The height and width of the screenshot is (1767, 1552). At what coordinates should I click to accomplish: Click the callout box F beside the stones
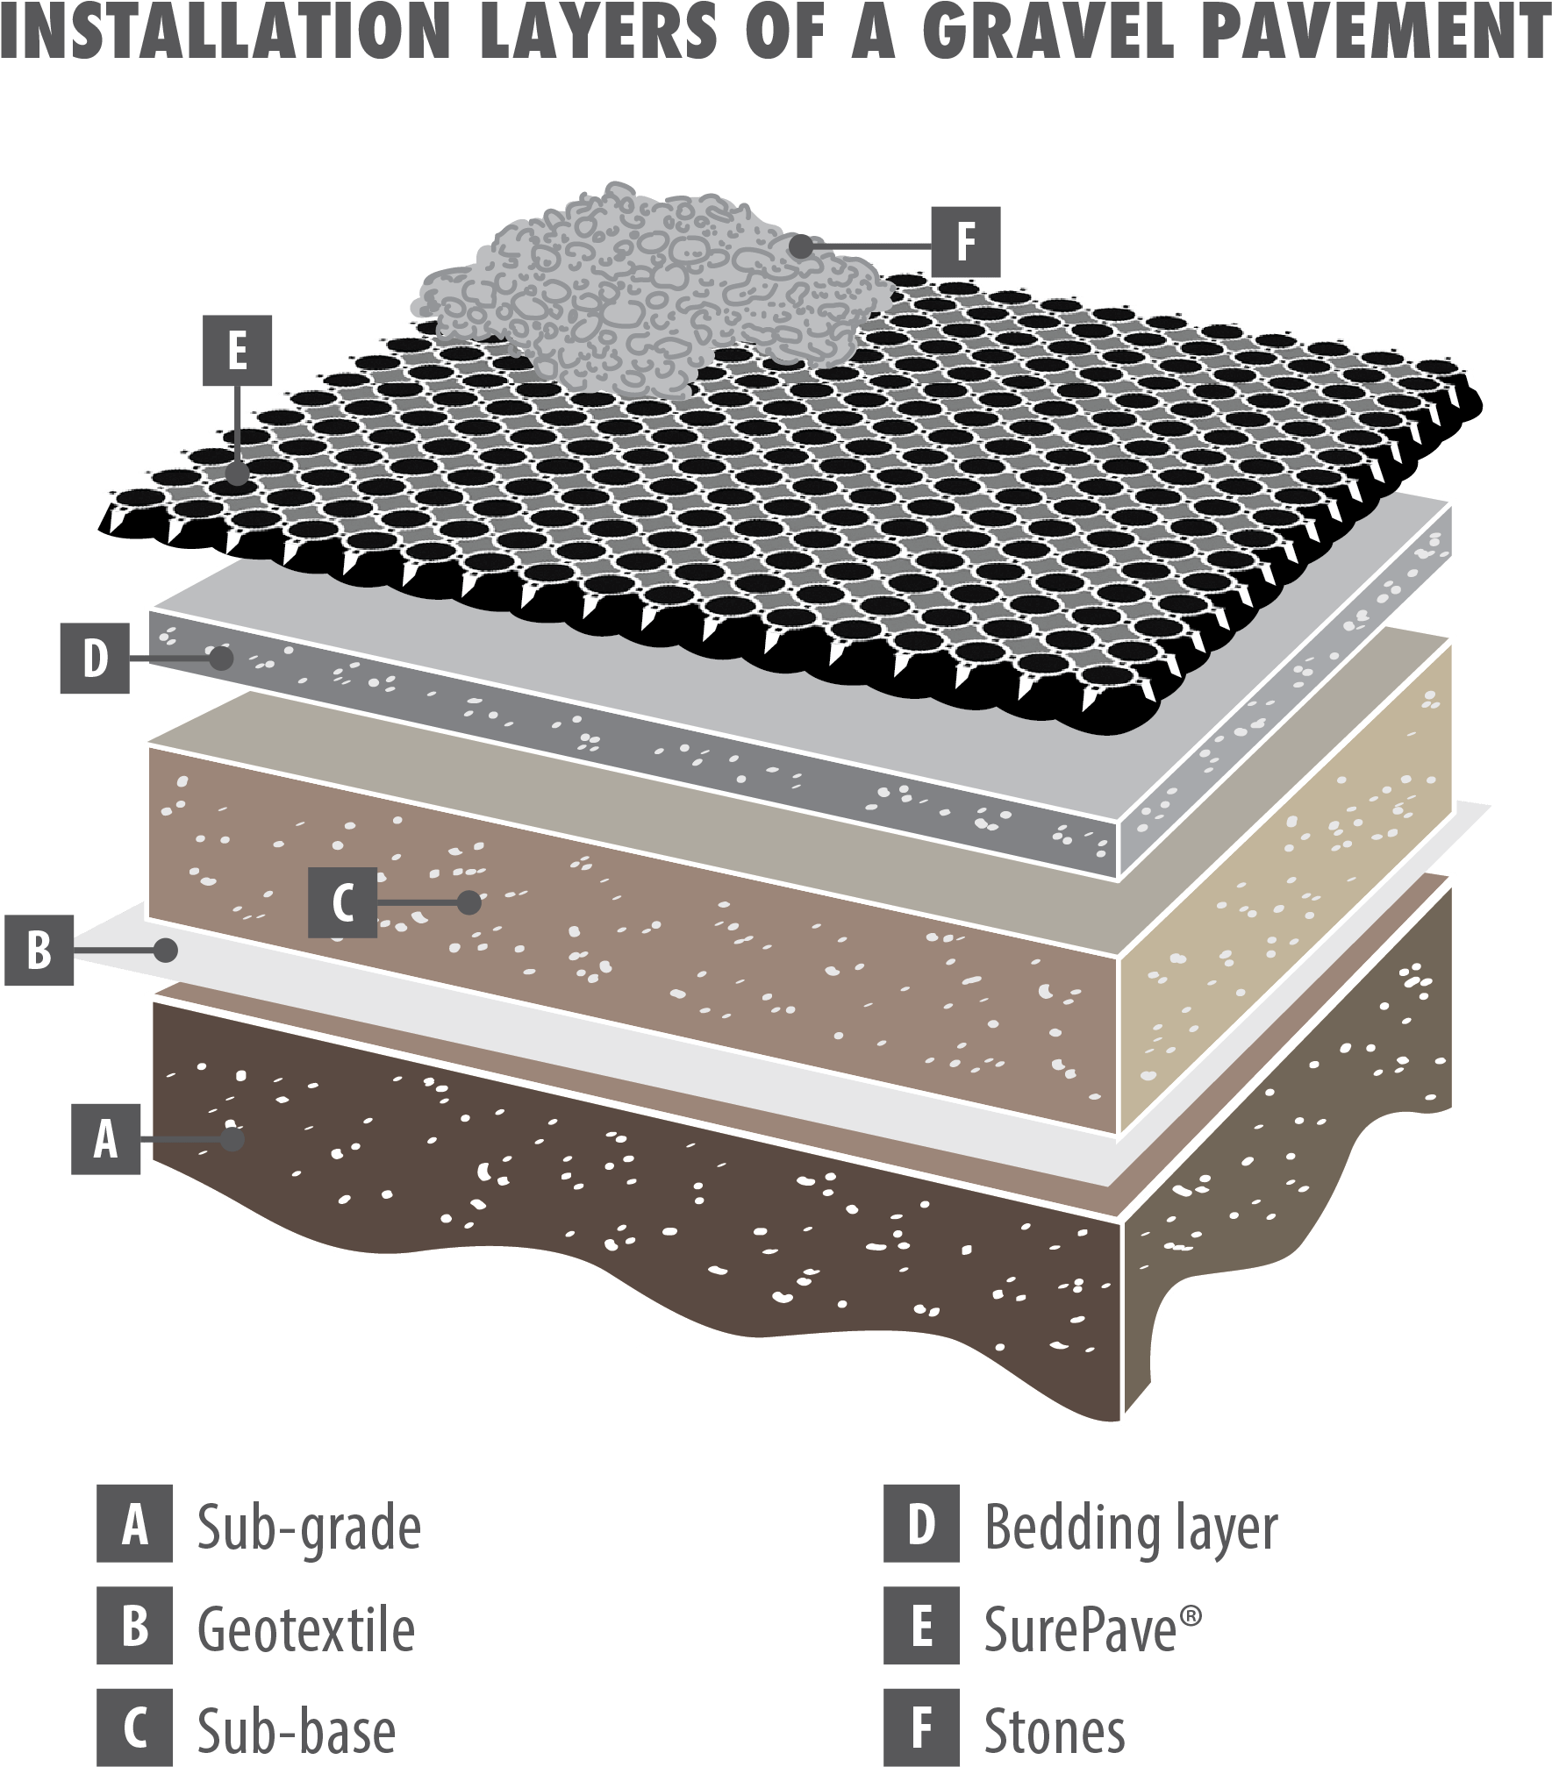(x=965, y=240)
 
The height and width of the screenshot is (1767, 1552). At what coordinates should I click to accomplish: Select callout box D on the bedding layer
(x=95, y=658)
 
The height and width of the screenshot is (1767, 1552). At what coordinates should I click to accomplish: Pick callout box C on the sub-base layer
(x=342, y=902)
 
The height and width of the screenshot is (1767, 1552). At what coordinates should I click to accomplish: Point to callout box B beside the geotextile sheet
(x=39, y=950)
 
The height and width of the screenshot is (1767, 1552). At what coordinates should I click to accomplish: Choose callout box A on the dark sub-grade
(x=106, y=1139)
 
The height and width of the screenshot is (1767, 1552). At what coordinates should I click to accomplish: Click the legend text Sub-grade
(x=308, y=1526)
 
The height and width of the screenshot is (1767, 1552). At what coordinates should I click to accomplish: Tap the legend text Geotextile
(x=305, y=1628)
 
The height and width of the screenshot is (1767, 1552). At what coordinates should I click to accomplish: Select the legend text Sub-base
(x=296, y=1728)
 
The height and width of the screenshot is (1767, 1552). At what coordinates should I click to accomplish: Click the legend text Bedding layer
(x=1131, y=1526)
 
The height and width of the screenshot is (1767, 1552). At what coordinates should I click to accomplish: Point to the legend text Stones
(x=1054, y=1728)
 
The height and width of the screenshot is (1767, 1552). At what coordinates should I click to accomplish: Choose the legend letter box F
(x=921, y=1728)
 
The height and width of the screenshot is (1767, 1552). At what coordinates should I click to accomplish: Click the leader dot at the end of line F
(x=800, y=246)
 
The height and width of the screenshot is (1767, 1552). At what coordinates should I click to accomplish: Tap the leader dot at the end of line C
(x=470, y=902)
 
